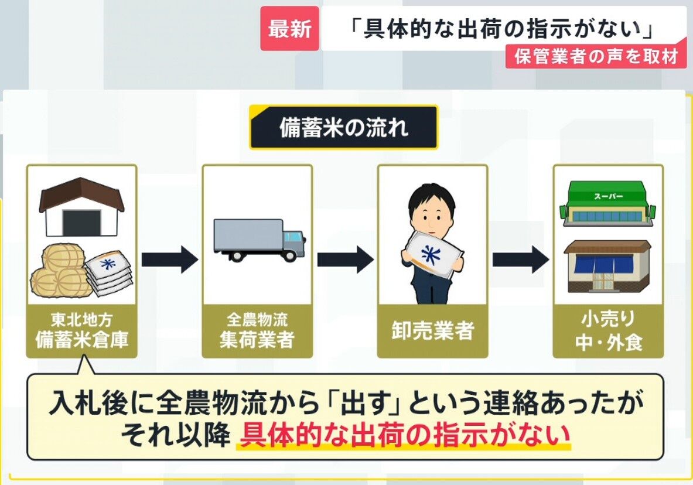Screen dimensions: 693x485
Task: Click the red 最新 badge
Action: pos(289,29)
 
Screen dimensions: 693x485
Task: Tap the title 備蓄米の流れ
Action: pos(343,127)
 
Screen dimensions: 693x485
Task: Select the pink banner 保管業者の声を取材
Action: pos(596,57)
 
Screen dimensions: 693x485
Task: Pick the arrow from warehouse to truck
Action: pos(170,259)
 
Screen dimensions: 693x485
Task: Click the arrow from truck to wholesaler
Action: pos(345,259)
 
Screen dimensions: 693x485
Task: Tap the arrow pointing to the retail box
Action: pos(521,259)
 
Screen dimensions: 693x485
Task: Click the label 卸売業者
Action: pos(433,330)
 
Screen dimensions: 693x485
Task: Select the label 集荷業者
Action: pos(257,340)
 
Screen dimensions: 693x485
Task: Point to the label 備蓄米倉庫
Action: pos(82,340)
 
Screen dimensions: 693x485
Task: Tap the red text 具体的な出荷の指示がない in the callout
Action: pos(404,435)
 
